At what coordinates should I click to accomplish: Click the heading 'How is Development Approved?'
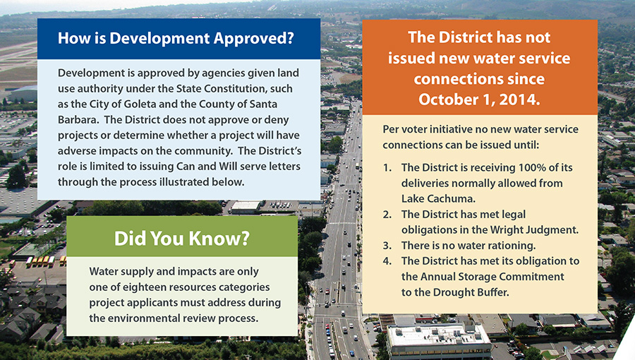[176, 38]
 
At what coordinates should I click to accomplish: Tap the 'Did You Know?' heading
[182, 238]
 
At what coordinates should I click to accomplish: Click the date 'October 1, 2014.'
[479, 100]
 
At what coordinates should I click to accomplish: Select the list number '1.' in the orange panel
[387, 168]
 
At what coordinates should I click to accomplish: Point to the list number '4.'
[387, 260]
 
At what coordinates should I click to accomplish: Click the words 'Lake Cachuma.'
[438, 199]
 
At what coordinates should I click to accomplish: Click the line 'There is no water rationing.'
[468, 246]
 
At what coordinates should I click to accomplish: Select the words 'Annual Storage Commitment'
[492, 277]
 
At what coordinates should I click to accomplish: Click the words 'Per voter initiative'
[425, 130]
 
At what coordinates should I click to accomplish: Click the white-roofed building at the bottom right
[439, 340]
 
